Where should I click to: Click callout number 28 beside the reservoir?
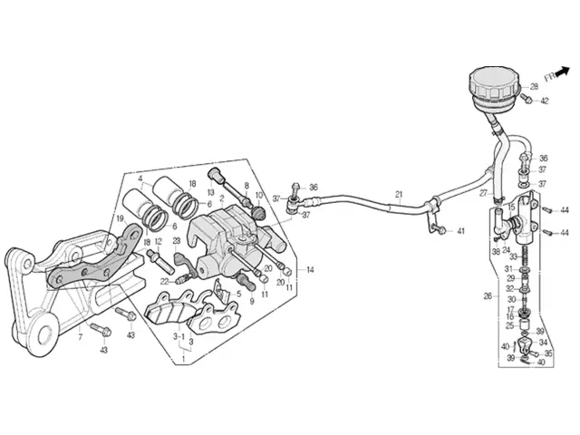point(534,86)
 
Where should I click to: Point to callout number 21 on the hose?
point(398,195)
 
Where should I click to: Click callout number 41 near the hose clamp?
point(460,232)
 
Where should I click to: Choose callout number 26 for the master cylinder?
point(488,295)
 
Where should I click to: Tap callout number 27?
point(483,193)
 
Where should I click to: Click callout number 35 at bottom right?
point(548,353)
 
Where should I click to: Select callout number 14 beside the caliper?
point(310,269)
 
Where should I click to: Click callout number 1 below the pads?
point(183,359)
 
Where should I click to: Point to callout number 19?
point(120,218)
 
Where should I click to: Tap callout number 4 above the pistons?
point(140,178)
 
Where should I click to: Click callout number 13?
point(210,193)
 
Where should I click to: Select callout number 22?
point(165,281)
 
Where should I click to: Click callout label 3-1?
point(178,335)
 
